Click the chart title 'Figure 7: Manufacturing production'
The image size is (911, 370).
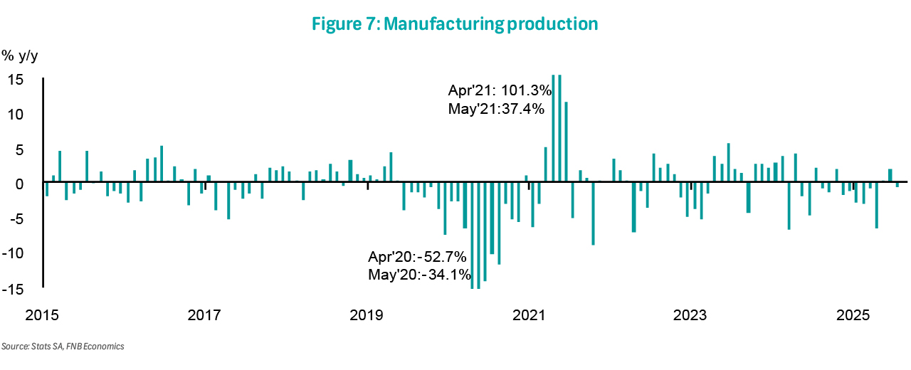[455, 23]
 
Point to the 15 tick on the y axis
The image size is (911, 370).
[16, 80]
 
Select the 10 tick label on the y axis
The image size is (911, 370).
[16, 115]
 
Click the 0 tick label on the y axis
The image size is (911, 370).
[20, 184]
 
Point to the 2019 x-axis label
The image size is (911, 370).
[367, 314]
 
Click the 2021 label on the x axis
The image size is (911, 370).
[530, 314]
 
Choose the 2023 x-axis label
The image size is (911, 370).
[691, 314]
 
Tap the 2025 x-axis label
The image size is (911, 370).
[853, 314]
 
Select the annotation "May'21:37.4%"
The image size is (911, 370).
[496, 109]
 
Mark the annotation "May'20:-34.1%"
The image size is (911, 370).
[416, 275]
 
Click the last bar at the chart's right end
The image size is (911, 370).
[897, 186]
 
